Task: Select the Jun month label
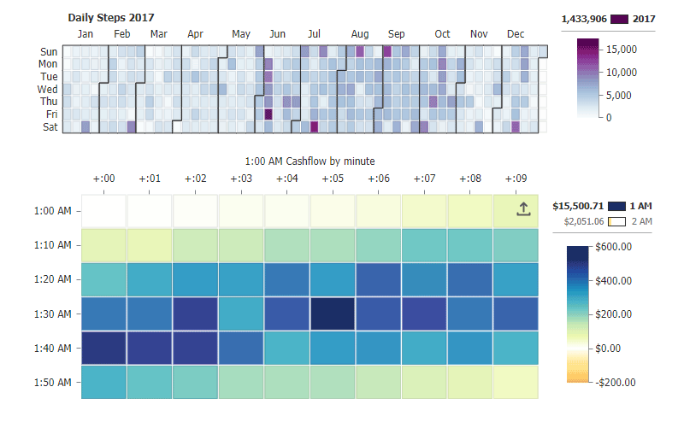277,34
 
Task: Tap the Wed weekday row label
48,89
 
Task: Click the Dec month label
516,34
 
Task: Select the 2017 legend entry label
643,19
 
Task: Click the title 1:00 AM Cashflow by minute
310,161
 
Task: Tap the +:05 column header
333,179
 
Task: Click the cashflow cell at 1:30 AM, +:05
333,314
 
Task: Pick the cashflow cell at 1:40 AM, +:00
103,348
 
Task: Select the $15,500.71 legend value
579,206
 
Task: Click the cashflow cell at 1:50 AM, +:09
516,382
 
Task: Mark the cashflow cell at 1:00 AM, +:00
103,211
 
